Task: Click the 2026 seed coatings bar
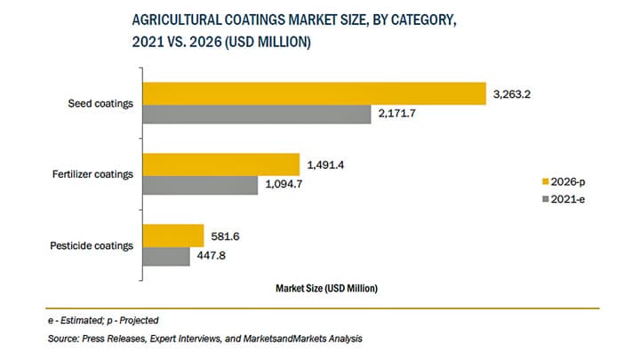tap(315, 93)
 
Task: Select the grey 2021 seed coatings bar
tap(257, 114)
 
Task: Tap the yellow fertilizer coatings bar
tap(221, 164)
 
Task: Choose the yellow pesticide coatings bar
tap(174, 236)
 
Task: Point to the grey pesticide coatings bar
tap(166, 256)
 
